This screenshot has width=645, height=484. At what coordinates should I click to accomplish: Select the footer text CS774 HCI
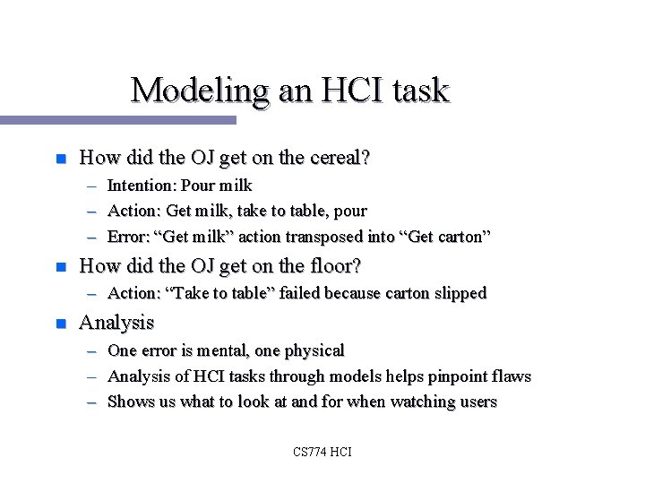(322, 452)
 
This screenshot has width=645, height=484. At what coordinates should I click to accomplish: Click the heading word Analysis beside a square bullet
(116, 322)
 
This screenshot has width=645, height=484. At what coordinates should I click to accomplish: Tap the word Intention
(141, 186)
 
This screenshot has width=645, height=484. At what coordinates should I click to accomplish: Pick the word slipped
(458, 293)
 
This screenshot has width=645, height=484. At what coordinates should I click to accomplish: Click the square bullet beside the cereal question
(61, 160)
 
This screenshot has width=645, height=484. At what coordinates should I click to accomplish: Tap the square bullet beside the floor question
(61, 267)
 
